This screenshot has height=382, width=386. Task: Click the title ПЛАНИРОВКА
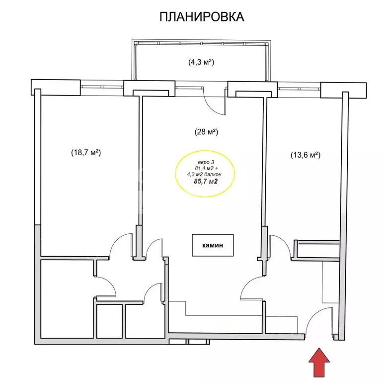coord(202,17)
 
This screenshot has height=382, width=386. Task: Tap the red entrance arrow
coord(319,362)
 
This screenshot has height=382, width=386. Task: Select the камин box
coord(213,245)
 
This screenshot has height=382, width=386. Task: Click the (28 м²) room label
coord(206,132)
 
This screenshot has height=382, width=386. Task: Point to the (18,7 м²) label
coord(86,153)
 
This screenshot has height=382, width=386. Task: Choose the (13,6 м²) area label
coord(306,155)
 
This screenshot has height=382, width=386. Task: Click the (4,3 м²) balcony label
coord(201,62)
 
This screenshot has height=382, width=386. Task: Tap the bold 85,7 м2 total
coord(206,182)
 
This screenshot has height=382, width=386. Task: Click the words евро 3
coord(206,162)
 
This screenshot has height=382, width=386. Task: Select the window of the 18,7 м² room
coord(102,87)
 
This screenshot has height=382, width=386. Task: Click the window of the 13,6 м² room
coord(299,89)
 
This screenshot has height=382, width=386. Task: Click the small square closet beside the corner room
coord(110,321)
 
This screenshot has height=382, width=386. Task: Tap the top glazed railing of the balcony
coord(201,43)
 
